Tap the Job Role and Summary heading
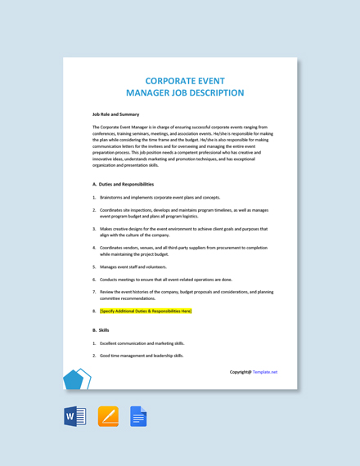[x=115, y=114]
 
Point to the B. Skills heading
[x=101, y=329]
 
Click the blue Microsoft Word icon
[x=74, y=417]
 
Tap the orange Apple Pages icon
[x=108, y=417]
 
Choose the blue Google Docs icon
[x=138, y=417]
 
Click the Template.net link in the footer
[x=265, y=372]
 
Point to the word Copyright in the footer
[x=239, y=372]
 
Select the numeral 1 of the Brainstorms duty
[x=94, y=197]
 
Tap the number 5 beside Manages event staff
[x=94, y=267]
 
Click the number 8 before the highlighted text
[x=94, y=311]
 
